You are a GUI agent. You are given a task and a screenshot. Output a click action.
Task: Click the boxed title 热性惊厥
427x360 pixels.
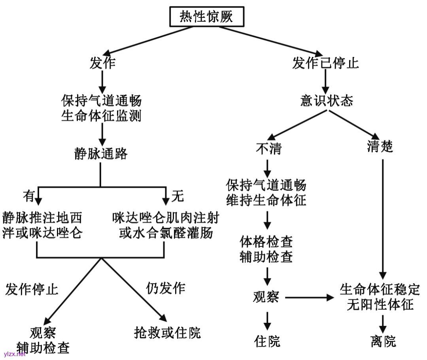point(206,17)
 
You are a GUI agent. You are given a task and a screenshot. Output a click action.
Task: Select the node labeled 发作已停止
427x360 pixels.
point(325,63)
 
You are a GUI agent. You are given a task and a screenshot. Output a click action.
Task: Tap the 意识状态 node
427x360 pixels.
point(327,101)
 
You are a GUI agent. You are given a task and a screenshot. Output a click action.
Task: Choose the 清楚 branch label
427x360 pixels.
point(380,147)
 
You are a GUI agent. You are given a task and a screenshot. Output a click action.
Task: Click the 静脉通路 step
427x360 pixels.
point(101,153)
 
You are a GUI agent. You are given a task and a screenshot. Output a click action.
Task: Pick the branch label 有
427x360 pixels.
point(29,195)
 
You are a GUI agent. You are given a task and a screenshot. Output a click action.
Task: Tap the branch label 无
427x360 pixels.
point(178,195)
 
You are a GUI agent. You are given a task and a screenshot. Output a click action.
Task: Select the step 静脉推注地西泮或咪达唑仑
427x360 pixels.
point(42,225)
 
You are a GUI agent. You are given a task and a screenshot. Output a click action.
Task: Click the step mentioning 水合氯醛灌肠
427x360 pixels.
point(166,225)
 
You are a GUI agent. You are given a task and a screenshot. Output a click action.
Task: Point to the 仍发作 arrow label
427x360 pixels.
point(166,288)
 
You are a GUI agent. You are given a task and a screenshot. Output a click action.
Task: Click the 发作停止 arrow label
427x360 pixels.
point(32,289)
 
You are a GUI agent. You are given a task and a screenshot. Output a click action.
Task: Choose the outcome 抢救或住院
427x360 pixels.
point(167,333)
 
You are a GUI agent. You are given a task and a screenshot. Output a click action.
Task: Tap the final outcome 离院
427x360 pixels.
point(383,341)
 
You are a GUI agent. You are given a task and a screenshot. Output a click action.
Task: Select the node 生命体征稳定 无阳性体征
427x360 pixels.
point(380,297)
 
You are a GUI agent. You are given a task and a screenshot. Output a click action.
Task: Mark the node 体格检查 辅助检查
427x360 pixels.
point(266,249)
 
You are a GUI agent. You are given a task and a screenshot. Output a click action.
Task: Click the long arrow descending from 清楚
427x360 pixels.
point(383,217)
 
